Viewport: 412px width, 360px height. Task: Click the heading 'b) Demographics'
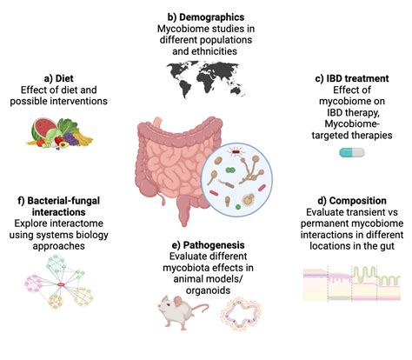click(205, 16)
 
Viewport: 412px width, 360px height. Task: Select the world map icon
click(205, 71)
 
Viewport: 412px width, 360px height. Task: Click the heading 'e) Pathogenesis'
click(207, 245)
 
